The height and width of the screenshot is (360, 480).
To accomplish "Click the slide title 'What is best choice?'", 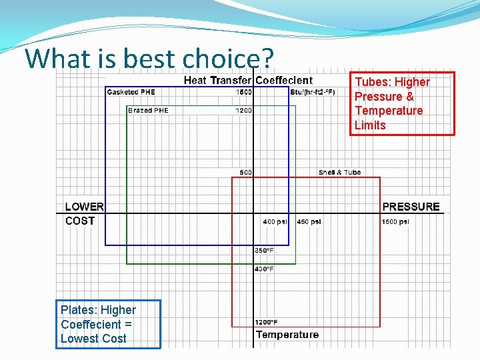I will tap(149, 58).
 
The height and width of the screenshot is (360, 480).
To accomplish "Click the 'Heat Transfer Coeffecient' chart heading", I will tap(247, 81).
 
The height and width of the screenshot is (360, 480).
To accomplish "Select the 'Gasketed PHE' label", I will tap(131, 92).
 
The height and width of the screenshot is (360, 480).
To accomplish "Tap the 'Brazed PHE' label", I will tap(148, 111).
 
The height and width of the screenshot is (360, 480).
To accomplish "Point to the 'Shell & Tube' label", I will tap(339, 173).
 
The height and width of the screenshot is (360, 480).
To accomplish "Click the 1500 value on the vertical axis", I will tap(243, 92).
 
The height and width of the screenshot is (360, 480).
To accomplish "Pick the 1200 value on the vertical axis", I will tap(243, 111).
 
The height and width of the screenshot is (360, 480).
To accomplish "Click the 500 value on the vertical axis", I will tap(245, 173).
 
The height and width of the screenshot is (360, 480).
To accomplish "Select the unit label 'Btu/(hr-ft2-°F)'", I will tap(312, 92).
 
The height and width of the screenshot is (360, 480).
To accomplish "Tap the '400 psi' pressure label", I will tap(275, 222).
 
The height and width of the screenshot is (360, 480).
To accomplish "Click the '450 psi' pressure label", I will tap(309, 222).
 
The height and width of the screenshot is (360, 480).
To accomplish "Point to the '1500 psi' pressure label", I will tap(395, 222).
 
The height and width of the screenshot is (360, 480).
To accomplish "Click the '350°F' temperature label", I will tap(264, 251).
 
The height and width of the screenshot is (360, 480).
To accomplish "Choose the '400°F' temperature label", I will tap(264, 269).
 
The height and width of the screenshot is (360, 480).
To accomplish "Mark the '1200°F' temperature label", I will tap(266, 323).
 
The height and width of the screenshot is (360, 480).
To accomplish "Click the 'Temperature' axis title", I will tap(287, 335).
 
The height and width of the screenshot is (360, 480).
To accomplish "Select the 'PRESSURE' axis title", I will tap(411, 207).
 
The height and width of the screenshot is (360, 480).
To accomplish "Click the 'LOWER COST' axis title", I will tap(83, 214).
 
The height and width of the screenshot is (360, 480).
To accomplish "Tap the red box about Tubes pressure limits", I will tap(402, 103).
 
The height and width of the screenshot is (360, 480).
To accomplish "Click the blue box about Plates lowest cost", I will tap(108, 324).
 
